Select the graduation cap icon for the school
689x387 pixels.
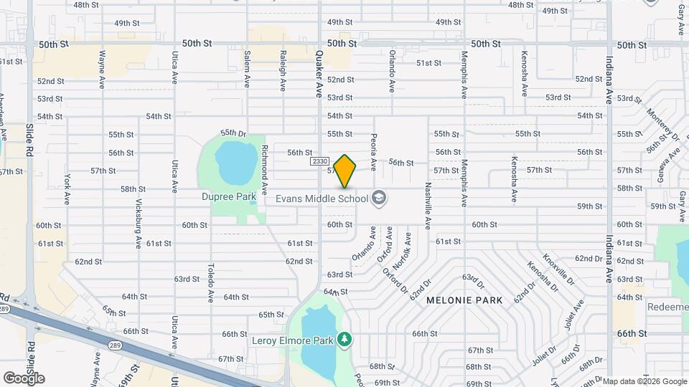click(x=379, y=199)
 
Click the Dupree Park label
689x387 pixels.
click(x=228, y=195)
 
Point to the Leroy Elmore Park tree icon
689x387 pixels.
click(x=345, y=338)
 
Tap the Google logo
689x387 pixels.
click(x=24, y=378)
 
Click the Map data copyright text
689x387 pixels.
click(x=645, y=381)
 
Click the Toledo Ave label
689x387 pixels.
click(x=211, y=283)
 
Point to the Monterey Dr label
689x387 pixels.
click(x=662, y=123)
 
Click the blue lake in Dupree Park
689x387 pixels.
click(x=233, y=163)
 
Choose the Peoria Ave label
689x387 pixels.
click(x=373, y=150)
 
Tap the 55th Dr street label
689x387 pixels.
click(x=233, y=133)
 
